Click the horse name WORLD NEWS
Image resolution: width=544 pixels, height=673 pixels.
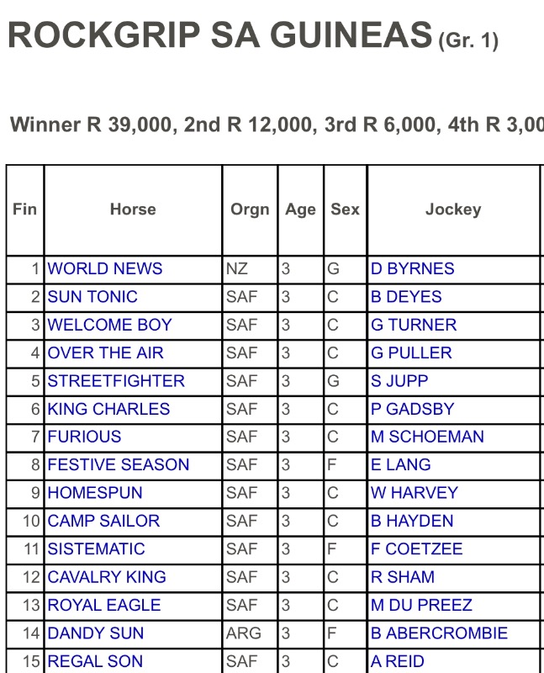(x=105, y=269)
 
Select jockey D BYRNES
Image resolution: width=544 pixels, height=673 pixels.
(x=412, y=269)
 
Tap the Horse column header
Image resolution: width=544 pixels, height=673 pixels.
(x=133, y=209)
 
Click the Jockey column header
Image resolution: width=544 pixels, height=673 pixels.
(x=453, y=209)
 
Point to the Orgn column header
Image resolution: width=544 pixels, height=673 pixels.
(x=250, y=209)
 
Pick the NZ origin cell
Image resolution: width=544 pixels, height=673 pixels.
(x=237, y=269)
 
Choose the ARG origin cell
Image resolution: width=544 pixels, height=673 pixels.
(x=244, y=633)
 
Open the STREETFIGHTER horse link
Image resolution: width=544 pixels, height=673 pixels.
(x=116, y=381)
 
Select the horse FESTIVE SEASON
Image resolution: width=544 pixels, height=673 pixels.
(x=119, y=465)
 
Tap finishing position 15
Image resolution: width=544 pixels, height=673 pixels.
(x=31, y=661)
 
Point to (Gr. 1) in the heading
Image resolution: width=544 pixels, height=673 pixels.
(x=468, y=41)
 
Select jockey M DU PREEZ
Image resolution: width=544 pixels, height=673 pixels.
(x=421, y=606)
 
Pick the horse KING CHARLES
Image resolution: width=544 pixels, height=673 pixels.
(x=108, y=410)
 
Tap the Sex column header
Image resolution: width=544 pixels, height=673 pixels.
(x=345, y=209)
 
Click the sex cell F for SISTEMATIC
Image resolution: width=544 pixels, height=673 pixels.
(x=332, y=549)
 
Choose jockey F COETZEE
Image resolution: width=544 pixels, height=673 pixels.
(x=416, y=549)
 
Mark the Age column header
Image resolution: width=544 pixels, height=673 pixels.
(x=300, y=209)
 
